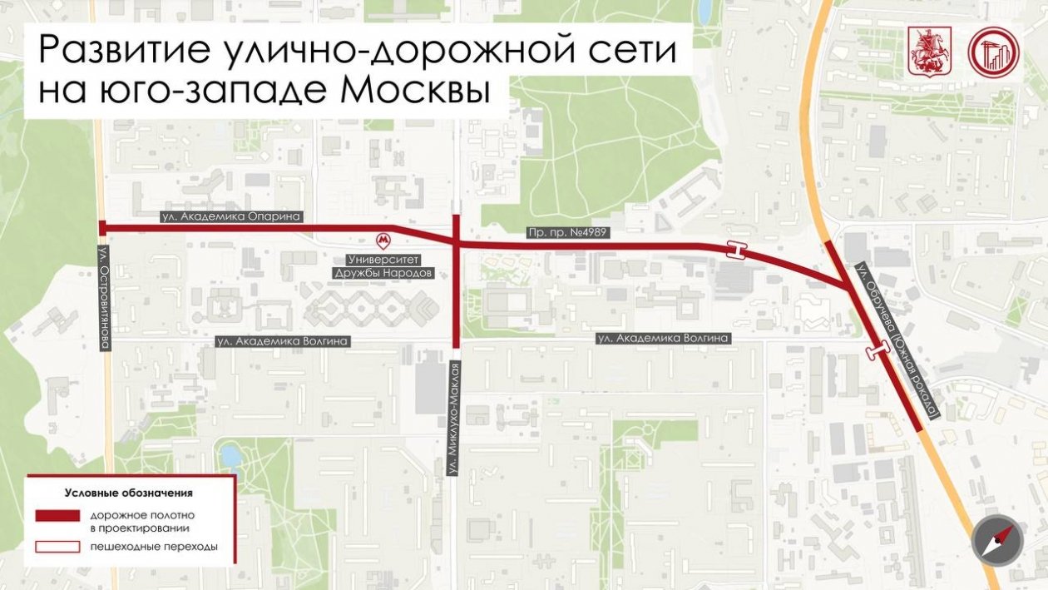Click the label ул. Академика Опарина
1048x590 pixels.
click(230, 216)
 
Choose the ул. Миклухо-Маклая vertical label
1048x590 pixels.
click(453, 418)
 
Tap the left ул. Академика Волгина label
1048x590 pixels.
click(282, 340)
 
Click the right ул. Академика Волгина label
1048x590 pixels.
click(664, 338)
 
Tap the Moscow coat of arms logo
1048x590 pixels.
click(922, 52)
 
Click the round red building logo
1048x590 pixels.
click(993, 52)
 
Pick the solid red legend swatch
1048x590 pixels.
click(57, 516)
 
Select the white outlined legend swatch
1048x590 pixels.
click(57, 547)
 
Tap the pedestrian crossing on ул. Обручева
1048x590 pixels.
click(875, 353)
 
